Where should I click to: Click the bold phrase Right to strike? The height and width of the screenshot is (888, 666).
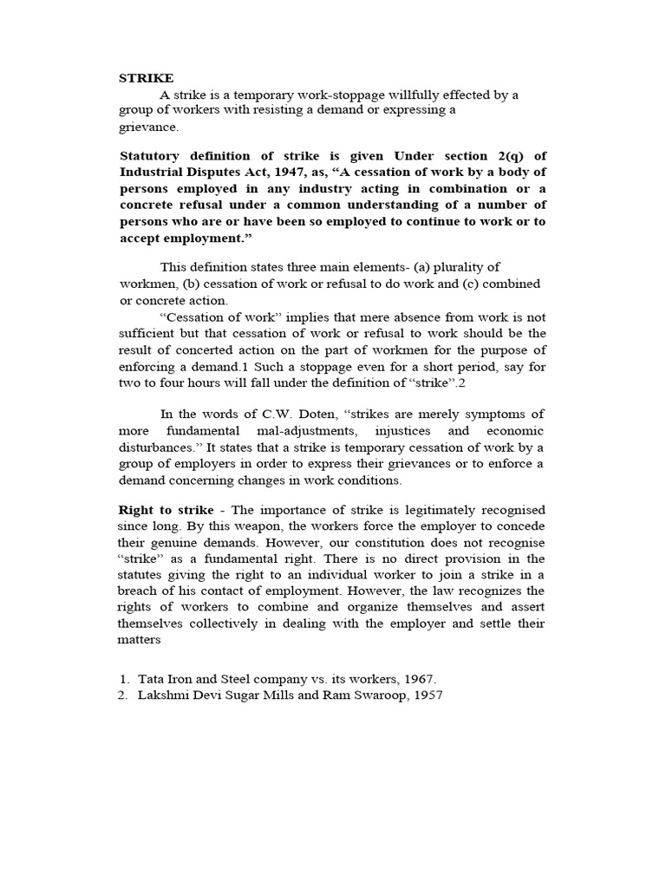tap(165, 509)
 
